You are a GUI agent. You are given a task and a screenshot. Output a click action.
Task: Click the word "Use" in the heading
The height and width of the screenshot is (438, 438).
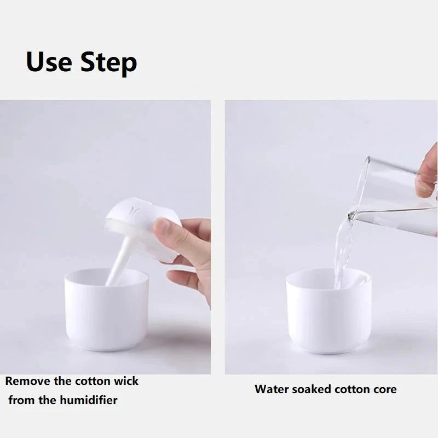click(49, 62)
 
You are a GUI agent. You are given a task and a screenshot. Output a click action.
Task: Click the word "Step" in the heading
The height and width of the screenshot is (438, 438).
click(108, 64)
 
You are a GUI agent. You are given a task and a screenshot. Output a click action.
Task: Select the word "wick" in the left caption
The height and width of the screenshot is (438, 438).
click(125, 381)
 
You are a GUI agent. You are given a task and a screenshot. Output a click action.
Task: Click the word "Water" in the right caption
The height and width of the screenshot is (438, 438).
click(272, 389)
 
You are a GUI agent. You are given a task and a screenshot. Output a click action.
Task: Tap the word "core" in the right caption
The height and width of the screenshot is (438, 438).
click(384, 389)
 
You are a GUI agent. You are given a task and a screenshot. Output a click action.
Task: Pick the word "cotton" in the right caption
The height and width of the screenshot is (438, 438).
click(350, 389)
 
